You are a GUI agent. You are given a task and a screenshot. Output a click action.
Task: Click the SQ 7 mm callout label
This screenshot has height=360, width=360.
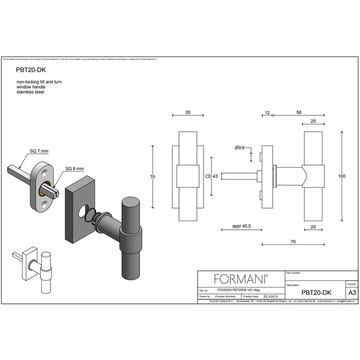(39, 151)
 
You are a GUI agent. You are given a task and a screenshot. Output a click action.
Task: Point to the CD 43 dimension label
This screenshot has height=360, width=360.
(211, 176)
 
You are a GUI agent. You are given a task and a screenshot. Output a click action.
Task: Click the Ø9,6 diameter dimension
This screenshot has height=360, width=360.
(240, 148)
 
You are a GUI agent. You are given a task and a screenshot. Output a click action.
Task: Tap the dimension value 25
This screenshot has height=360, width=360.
(314, 122)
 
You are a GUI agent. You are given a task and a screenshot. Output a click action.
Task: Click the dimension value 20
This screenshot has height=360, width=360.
(314, 225)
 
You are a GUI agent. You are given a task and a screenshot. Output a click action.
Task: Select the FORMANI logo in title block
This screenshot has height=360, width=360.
(241, 279)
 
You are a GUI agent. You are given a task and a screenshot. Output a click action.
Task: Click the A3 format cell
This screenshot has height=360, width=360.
(351, 292)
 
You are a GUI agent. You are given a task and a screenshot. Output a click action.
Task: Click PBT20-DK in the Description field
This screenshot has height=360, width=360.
(316, 292)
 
